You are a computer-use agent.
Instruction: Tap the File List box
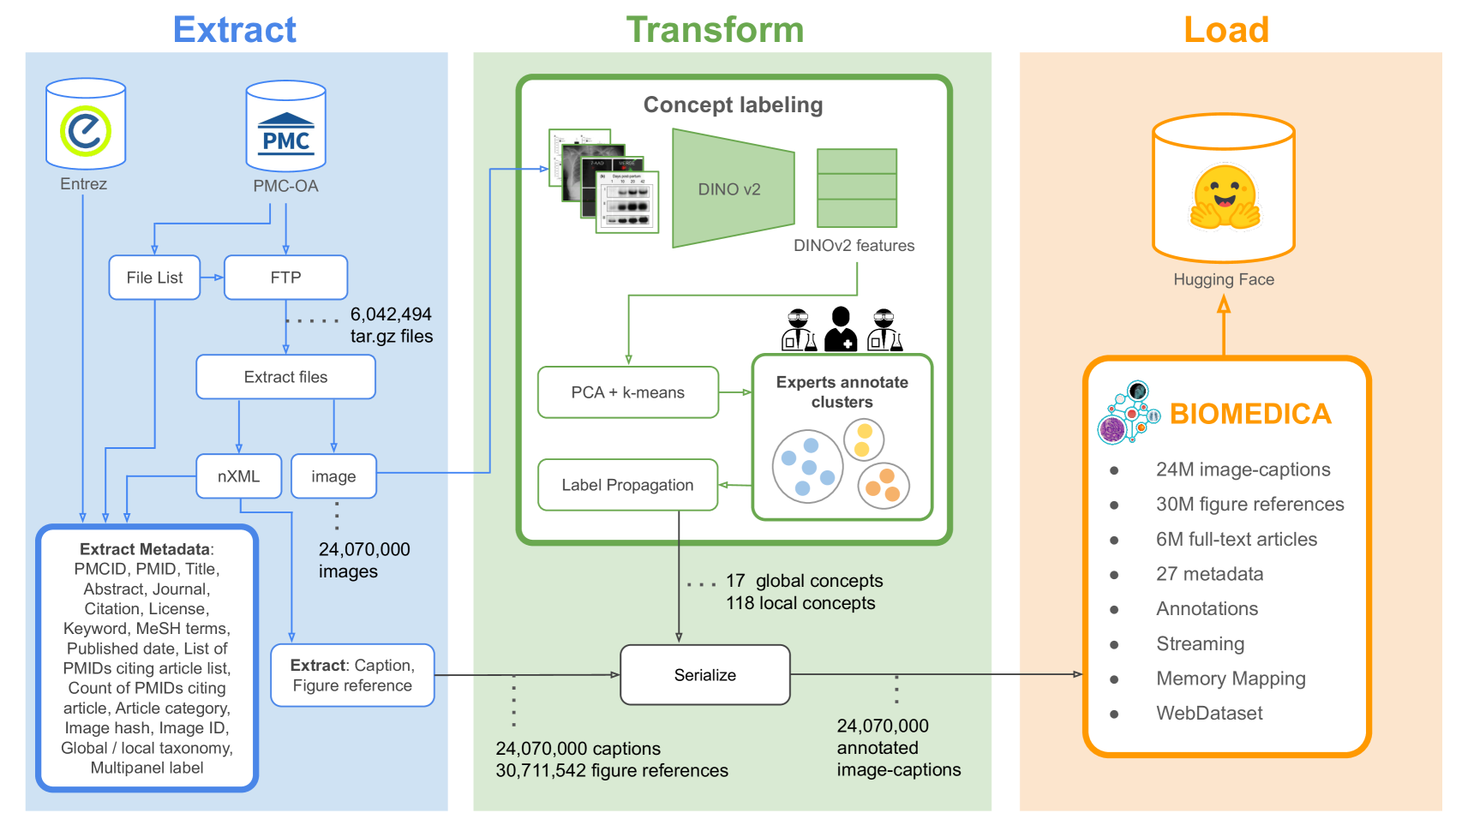click(x=154, y=278)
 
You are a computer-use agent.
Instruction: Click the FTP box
click(x=285, y=278)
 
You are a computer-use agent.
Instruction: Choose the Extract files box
click(x=285, y=377)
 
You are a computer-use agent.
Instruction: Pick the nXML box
click(x=238, y=476)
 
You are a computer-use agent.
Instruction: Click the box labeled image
click(x=333, y=476)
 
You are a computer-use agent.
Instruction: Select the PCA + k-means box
click(x=627, y=392)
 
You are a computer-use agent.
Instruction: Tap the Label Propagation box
click(x=627, y=485)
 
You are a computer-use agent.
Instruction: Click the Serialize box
click(x=704, y=675)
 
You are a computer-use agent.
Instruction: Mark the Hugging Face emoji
click(x=1224, y=198)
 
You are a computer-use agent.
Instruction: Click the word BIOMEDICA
click(x=1249, y=414)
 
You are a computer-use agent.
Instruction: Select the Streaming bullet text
click(x=1200, y=643)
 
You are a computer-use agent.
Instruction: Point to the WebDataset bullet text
click(x=1208, y=713)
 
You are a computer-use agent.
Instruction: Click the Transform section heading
click(x=715, y=29)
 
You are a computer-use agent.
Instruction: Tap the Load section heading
click(x=1225, y=29)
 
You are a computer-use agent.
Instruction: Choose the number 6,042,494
click(x=391, y=314)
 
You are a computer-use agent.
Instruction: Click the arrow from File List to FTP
click(x=212, y=278)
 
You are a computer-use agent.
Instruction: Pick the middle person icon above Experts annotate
click(x=841, y=329)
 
